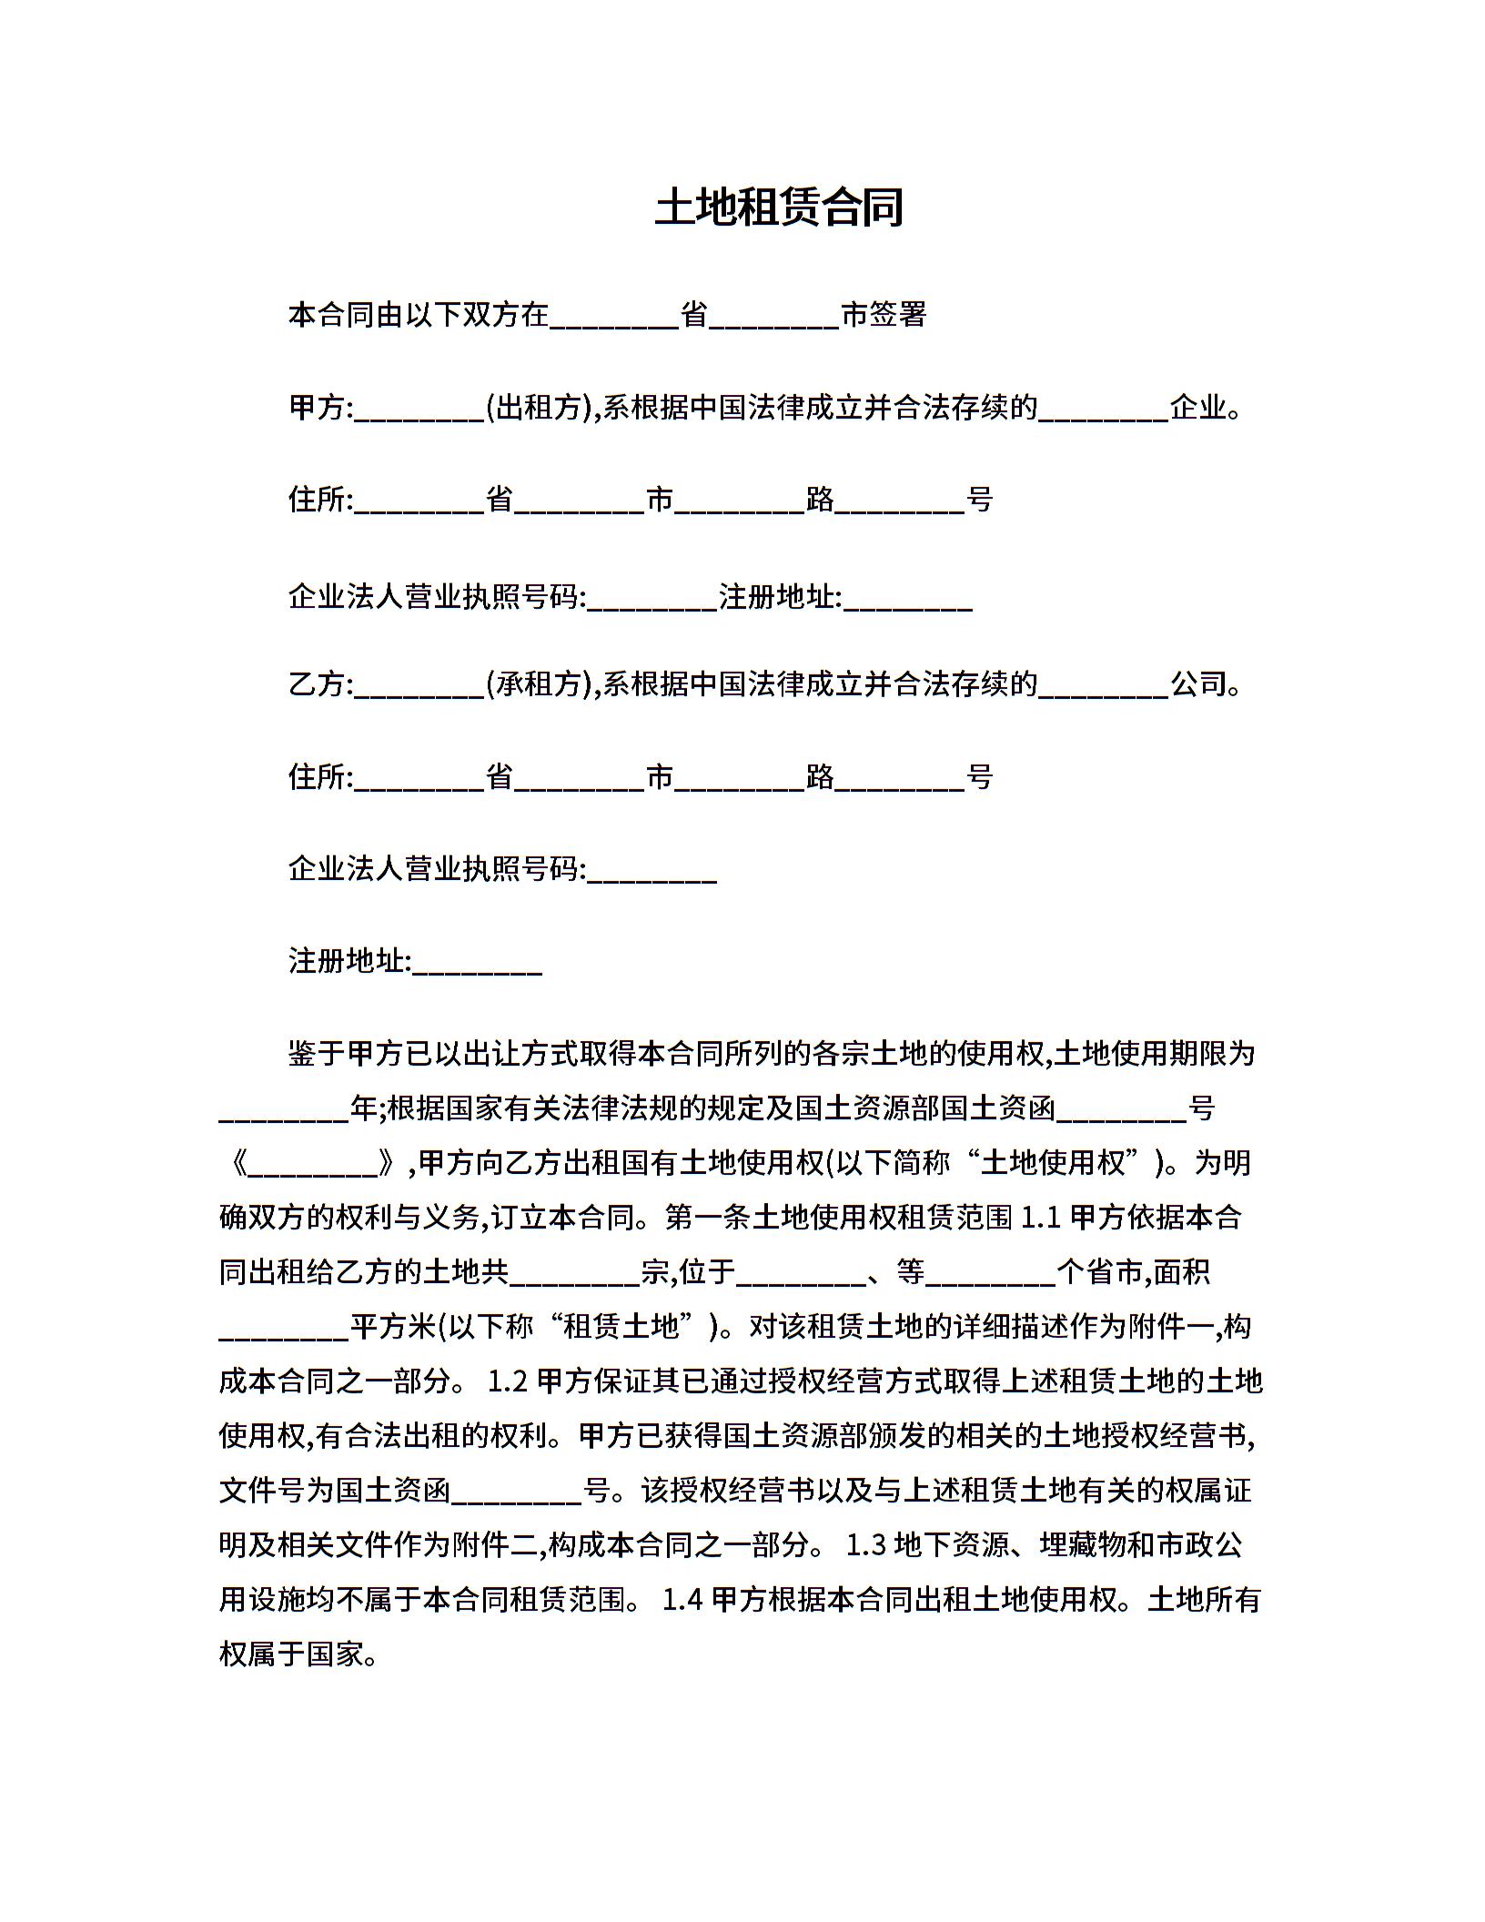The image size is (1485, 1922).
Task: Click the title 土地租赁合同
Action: [779, 207]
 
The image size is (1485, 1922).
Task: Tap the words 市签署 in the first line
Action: [884, 315]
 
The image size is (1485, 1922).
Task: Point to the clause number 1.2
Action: [508, 1381]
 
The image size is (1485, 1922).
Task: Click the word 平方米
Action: [394, 1327]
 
